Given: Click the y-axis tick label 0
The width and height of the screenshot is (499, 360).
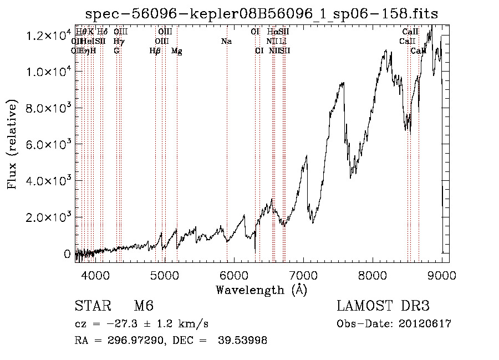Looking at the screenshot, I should (68, 254).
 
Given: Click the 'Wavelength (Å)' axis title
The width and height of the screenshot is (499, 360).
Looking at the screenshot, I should (261, 290).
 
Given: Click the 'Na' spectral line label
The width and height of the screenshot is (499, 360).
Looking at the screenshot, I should (226, 42).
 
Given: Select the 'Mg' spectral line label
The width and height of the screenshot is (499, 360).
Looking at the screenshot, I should (176, 51).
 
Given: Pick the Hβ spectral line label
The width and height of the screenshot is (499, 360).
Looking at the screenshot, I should (155, 51).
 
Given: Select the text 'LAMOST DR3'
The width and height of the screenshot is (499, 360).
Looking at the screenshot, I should (383, 306).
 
